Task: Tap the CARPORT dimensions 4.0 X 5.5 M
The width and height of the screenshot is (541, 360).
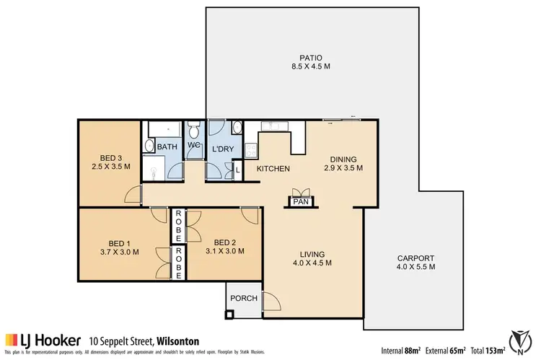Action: (x=416, y=267)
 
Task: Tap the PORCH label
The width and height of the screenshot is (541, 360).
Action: (x=240, y=298)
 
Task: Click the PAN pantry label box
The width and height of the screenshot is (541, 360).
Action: (x=300, y=203)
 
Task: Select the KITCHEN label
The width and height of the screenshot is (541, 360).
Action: (x=273, y=169)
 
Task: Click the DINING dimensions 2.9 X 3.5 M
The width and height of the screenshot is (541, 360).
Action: (x=342, y=168)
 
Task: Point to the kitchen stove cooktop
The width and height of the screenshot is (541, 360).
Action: (x=250, y=150)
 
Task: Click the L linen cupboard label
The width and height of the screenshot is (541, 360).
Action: (x=238, y=170)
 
